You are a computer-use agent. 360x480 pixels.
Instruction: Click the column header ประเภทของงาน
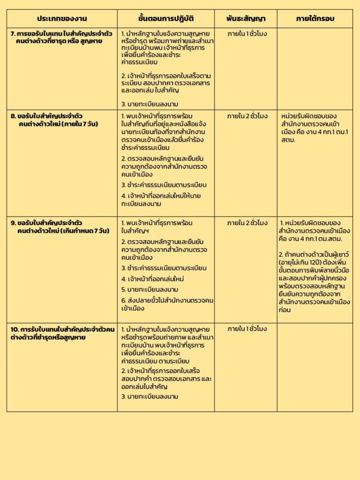click(62, 19)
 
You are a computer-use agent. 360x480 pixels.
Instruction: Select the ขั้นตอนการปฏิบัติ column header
click(166, 19)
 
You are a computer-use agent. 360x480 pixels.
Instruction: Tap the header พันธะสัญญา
click(246, 19)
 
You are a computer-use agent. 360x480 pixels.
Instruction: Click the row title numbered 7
click(61, 38)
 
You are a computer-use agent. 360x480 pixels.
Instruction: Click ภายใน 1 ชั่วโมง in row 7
click(247, 34)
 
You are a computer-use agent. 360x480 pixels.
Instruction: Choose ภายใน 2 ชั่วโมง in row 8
click(247, 116)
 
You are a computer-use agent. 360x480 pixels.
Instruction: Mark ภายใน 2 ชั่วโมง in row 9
click(247, 223)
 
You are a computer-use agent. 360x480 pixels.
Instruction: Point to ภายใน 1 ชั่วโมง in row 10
click(247, 330)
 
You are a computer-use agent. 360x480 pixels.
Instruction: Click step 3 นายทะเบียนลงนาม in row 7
click(150, 104)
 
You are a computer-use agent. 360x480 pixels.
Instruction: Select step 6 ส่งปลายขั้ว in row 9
click(167, 304)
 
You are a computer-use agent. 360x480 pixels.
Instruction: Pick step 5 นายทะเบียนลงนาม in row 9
click(150, 290)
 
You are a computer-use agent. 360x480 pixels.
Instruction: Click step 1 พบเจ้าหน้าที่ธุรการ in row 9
click(157, 227)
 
